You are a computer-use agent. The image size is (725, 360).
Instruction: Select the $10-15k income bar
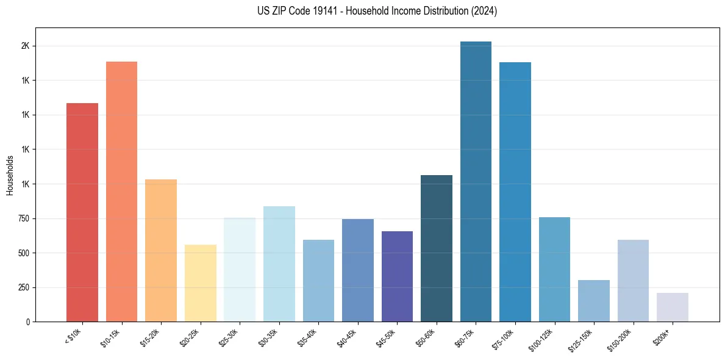[121, 192]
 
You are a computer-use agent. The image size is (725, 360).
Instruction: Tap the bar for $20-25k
[200, 283]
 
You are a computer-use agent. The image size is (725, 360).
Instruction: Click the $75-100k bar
[515, 192]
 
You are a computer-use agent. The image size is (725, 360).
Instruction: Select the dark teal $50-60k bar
[437, 248]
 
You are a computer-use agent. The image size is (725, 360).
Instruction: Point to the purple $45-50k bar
[397, 276]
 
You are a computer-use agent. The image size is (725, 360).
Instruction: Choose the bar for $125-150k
[593, 301]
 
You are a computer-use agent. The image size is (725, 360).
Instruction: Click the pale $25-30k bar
[240, 269]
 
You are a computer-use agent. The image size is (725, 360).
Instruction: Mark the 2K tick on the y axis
[25, 46]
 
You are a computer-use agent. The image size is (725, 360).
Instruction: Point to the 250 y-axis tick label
[23, 287]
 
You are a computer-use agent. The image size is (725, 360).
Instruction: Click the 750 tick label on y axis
[23, 218]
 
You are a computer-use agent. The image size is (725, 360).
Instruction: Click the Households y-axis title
[10, 175]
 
